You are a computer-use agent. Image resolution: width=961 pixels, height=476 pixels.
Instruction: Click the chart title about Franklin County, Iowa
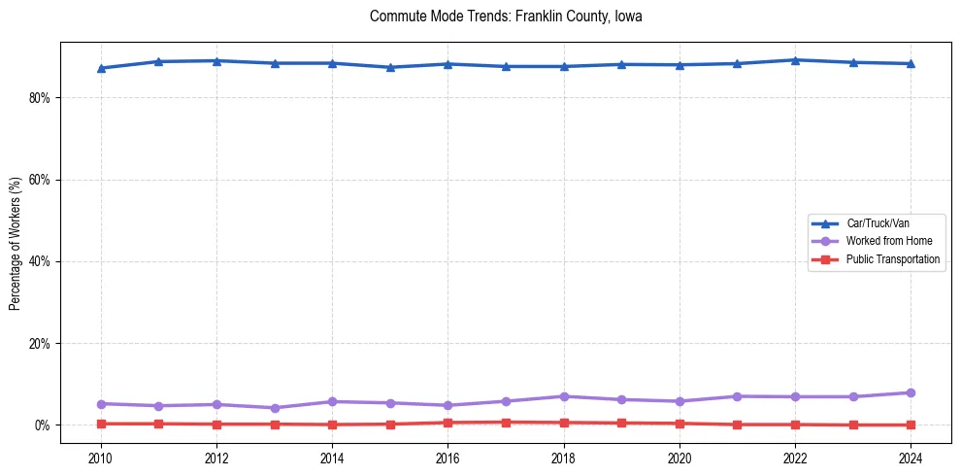[x=506, y=17]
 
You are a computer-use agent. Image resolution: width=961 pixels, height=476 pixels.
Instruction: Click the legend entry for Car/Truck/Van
[x=878, y=222]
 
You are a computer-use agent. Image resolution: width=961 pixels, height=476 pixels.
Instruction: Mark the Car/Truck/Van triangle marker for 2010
[x=100, y=68]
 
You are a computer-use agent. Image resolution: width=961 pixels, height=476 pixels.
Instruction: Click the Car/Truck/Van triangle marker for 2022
[x=795, y=60]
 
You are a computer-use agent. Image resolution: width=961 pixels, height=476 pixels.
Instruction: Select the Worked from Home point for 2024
[x=911, y=392]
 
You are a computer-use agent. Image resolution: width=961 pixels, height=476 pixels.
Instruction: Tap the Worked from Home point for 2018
[x=563, y=396]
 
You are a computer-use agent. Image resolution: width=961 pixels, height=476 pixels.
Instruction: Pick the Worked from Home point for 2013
[x=274, y=408]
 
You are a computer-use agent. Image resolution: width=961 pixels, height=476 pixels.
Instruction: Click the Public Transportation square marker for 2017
[x=506, y=423]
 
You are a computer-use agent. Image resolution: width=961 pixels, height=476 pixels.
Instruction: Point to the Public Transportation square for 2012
[x=216, y=425]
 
